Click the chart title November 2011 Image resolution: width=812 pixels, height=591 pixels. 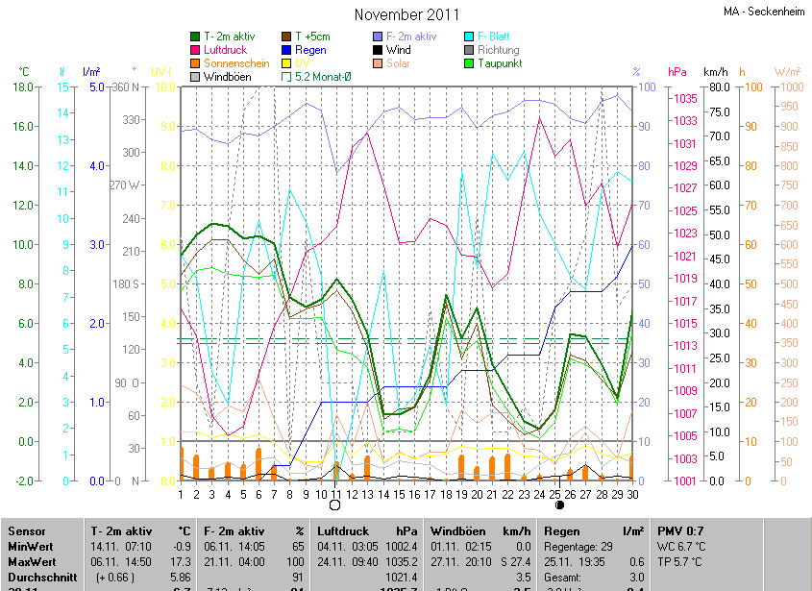coord(406,14)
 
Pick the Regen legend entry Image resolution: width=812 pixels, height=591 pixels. coord(310,50)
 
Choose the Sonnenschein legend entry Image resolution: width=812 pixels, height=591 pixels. coord(236,63)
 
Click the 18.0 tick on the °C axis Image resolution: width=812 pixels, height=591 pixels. coord(25,87)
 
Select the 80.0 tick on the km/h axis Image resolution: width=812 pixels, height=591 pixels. coord(717,87)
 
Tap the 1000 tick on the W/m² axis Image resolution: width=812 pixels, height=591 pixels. coord(787,87)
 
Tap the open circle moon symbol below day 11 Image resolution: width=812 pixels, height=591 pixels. coord(335,505)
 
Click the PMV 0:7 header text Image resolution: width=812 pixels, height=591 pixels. coord(680,530)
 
